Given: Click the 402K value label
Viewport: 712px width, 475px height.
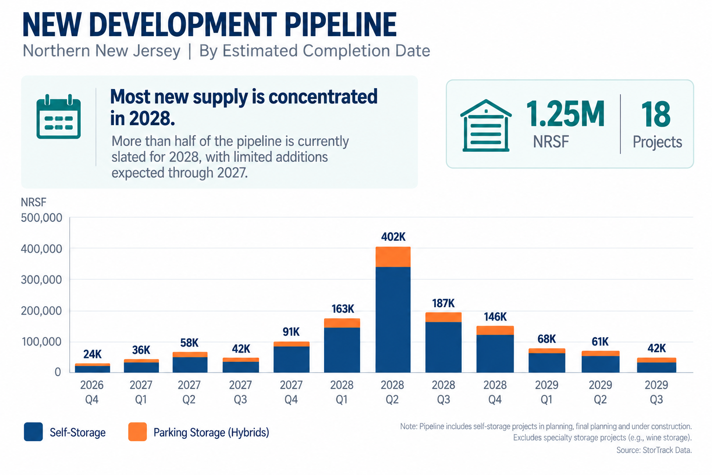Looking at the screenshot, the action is (393, 237).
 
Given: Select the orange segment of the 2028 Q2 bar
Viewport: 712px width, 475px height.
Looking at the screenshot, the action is (393, 257).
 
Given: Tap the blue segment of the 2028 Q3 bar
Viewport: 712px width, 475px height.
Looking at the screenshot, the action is (444, 347).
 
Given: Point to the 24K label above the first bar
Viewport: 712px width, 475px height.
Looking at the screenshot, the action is (92, 354).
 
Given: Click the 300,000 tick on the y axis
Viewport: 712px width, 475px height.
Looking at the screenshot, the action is (41, 280).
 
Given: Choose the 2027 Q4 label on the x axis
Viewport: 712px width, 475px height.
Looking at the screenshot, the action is (291, 392).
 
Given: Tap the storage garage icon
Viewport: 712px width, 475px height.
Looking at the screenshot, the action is (486, 125).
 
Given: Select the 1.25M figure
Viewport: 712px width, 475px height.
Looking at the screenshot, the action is (565, 114).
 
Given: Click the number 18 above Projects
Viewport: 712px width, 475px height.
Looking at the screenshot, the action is (656, 114).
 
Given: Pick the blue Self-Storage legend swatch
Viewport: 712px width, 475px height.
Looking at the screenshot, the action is (33, 432).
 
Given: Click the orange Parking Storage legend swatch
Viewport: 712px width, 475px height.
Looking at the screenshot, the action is (138, 432).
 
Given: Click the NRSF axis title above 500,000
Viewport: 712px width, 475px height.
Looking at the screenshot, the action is (33, 202).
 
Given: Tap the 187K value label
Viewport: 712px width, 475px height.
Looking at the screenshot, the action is (444, 303).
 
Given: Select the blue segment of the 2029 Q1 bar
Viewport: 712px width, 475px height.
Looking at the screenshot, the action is (547, 363).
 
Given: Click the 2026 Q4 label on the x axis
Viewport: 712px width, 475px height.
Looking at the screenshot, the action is (92, 392).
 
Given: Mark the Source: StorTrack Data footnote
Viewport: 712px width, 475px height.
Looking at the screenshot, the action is (654, 450).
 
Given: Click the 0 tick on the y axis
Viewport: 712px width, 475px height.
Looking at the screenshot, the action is (57, 372).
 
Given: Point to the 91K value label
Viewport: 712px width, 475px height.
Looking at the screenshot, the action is (291, 332).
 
